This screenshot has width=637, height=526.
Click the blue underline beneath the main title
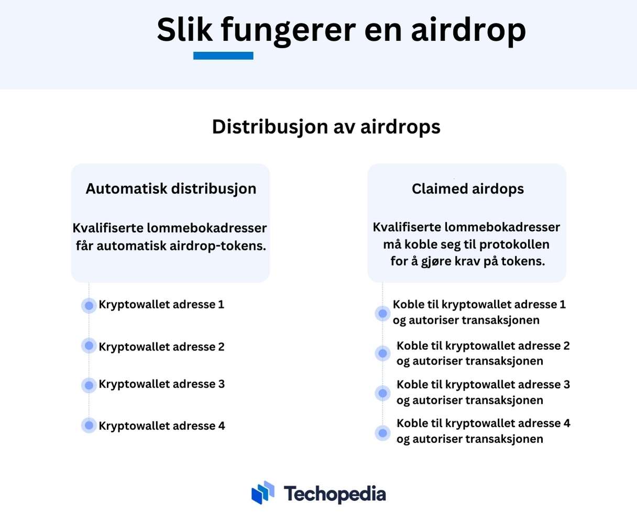tap(223, 56)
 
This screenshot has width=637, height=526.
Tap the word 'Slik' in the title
tap(184, 29)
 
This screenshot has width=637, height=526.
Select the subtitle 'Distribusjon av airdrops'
tap(326, 127)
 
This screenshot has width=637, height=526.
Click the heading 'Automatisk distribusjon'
tap(171, 189)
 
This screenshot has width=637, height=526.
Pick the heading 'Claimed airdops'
tap(468, 189)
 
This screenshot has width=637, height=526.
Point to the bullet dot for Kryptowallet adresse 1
tap(89, 305)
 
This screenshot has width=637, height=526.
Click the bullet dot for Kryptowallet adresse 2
tap(89, 346)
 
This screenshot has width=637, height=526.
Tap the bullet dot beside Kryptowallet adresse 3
tap(89, 386)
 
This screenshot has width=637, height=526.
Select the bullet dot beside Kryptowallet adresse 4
tap(89, 425)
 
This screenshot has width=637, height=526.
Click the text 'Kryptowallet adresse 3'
tap(162, 384)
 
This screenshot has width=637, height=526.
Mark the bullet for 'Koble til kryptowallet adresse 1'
tap(382, 313)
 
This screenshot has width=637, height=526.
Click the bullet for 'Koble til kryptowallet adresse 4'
tap(382, 433)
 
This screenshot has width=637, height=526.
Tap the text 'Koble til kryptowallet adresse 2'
tap(483, 346)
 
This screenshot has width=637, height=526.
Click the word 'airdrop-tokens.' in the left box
tap(218, 246)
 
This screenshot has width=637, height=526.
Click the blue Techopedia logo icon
tap(262, 492)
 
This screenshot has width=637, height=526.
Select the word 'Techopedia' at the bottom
tap(335, 494)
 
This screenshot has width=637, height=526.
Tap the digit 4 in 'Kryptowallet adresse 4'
tap(222, 425)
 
